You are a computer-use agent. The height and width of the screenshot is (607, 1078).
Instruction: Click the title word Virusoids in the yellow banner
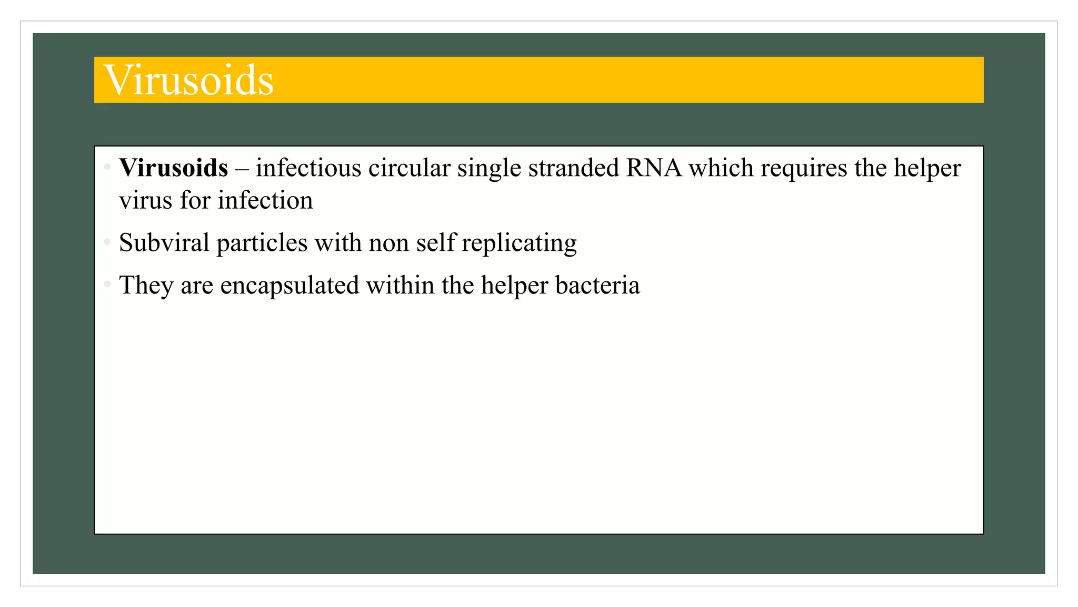(x=189, y=80)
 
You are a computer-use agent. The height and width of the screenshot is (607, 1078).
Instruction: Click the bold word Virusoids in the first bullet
(x=174, y=168)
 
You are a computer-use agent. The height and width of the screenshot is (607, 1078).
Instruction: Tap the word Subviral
(x=164, y=243)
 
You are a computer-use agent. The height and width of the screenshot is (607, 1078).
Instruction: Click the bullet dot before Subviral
(x=107, y=242)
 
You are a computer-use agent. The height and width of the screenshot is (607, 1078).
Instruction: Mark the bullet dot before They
(x=107, y=285)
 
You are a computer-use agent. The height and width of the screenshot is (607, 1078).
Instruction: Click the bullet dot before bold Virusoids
(x=107, y=168)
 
